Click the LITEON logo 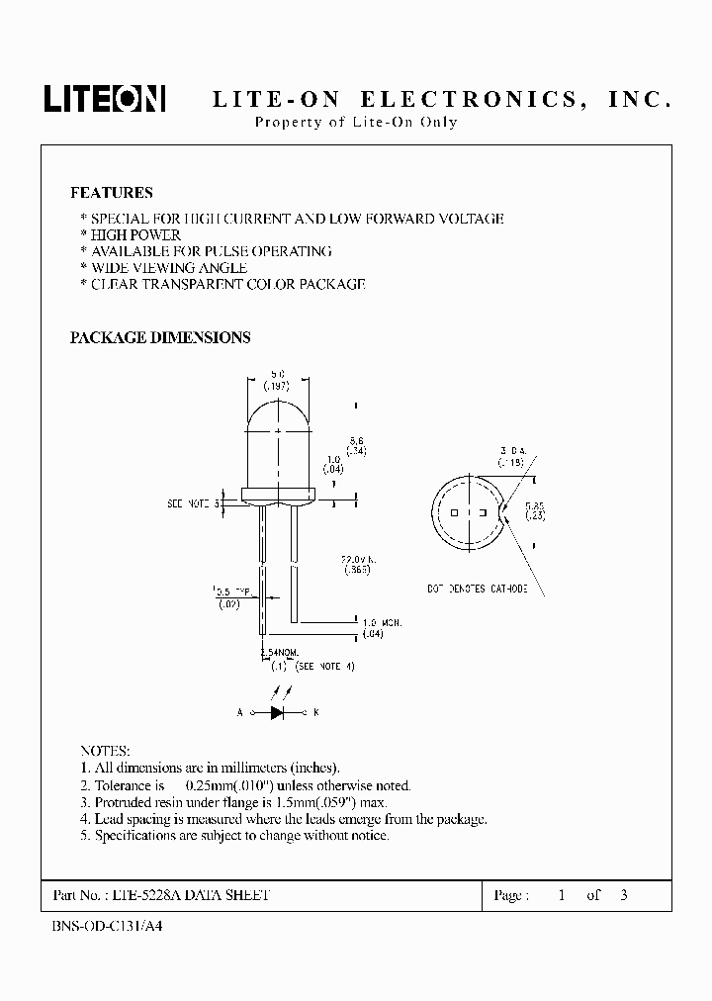tap(104, 97)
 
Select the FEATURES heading tap(112, 193)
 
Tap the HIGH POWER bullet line tap(134, 235)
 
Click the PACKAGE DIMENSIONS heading tap(160, 337)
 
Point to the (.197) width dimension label tap(277, 387)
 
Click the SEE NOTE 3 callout tap(191, 503)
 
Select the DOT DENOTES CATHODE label tap(478, 589)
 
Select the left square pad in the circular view tap(455, 514)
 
